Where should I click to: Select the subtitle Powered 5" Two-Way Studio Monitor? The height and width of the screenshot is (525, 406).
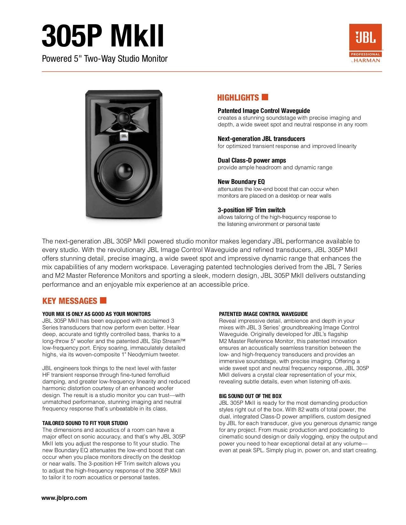pyautogui.click(x=105, y=59)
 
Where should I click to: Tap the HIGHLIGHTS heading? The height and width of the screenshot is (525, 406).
pyautogui.click(x=238, y=98)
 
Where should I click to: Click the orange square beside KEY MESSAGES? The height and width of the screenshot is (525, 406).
pyautogui.click(x=103, y=300)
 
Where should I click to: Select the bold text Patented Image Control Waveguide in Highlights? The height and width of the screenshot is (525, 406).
pyautogui.click(x=264, y=111)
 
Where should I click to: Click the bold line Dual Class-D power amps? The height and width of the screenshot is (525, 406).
pyautogui.click(x=252, y=160)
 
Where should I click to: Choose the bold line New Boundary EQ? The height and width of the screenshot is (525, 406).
pyautogui.click(x=241, y=182)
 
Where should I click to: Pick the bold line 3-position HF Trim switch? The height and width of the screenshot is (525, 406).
pyautogui.click(x=251, y=210)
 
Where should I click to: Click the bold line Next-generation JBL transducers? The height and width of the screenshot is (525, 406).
pyautogui.click(x=261, y=139)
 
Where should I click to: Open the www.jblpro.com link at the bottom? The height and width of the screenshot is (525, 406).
pyautogui.click(x=64, y=498)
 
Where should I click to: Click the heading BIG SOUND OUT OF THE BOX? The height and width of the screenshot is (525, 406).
pyautogui.click(x=250, y=396)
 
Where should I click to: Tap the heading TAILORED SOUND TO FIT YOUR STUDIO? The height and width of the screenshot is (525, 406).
pyautogui.click(x=85, y=423)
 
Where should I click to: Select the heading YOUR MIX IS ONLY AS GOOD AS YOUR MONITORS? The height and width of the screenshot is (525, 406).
pyautogui.click(x=96, y=314)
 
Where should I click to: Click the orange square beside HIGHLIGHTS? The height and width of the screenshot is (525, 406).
pyautogui.click(x=265, y=97)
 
